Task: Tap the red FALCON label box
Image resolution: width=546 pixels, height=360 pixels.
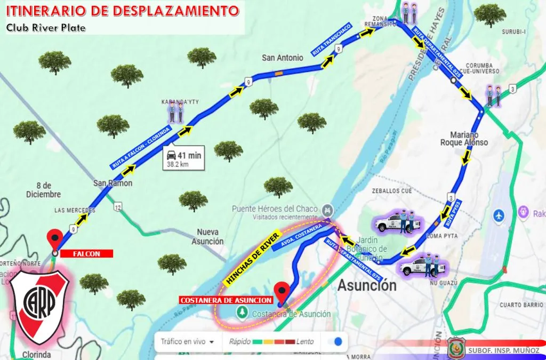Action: tap(86, 253)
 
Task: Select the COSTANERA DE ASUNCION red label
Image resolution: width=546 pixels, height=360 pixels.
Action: tap(226, 300)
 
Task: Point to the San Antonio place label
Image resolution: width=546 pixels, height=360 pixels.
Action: tap(282, 58)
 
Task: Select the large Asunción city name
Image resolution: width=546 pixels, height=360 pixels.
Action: tap(367, 285)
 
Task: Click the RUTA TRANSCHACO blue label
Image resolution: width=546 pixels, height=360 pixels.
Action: tap(332, 40)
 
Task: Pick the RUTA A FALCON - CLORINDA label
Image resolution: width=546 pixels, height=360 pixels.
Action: tap(141, 148)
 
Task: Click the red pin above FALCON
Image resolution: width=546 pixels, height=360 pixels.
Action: tap(54, 238)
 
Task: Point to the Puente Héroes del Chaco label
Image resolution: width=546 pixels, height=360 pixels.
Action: tap(275, 209)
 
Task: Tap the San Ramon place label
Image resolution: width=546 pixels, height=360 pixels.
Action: tap(113, 183)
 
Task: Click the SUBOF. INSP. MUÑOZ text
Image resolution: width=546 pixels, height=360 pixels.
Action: tap(504, 350)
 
